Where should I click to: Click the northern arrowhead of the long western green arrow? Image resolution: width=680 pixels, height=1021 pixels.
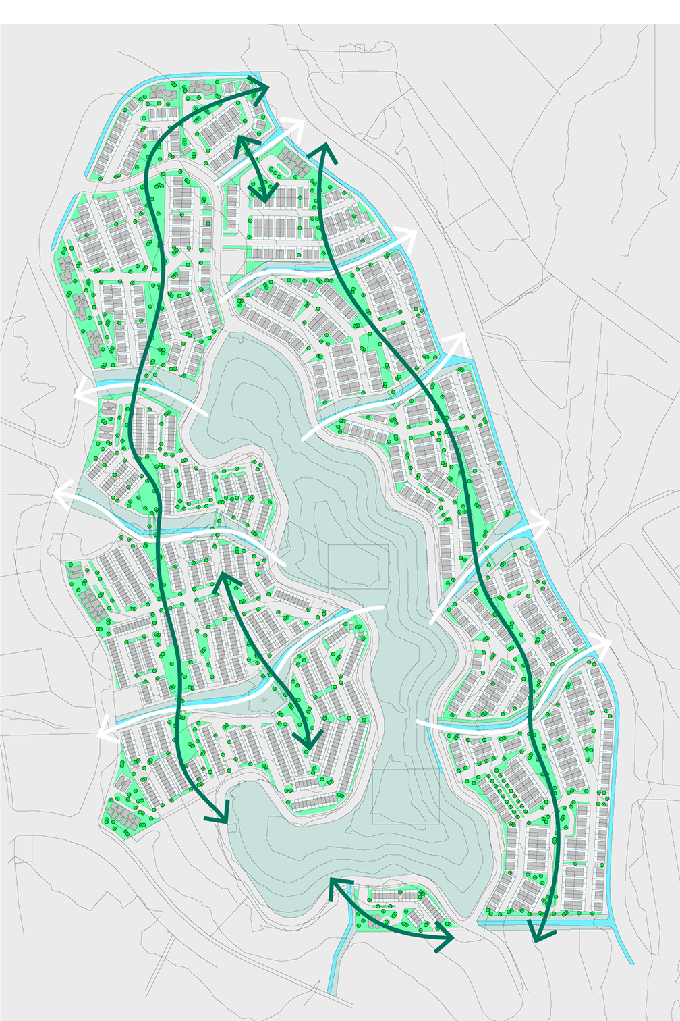260,86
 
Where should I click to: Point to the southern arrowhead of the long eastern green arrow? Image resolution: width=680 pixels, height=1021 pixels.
541,935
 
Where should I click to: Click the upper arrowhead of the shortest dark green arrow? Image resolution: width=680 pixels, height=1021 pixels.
240,143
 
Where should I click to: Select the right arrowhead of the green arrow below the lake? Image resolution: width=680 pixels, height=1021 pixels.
445,939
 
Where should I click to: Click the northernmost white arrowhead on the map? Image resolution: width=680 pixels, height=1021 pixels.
295,126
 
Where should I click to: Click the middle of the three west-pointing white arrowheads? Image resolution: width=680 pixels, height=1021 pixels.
61,495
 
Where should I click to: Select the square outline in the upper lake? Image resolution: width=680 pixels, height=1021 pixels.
358,566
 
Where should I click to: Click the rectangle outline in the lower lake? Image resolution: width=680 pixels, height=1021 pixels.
405,797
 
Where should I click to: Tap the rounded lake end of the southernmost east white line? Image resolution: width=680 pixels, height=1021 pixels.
418,723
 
